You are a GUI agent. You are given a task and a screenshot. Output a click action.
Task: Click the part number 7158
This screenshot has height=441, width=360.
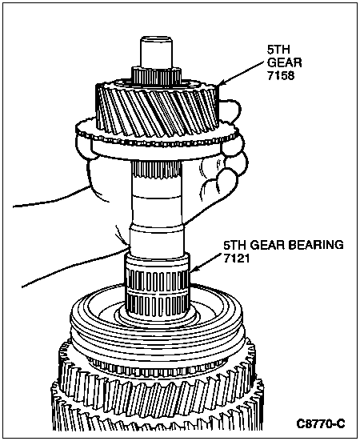pos(281,76)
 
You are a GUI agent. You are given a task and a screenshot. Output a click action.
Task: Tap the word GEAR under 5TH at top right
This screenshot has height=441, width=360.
pos(284,62)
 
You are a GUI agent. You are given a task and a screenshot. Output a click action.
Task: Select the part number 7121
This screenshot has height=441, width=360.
pos(236,258)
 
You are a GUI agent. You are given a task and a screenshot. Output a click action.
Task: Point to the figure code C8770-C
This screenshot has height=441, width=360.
pos(320,423)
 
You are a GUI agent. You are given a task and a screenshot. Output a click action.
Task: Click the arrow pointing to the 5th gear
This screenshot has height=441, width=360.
pos(241,74)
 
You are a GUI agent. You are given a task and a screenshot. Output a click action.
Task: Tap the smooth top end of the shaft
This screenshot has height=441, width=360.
pos(156,53)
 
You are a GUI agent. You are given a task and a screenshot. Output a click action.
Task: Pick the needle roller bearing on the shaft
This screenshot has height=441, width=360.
pos(157,287)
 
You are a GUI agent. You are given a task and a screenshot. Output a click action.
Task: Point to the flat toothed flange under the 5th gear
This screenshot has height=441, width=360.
pos(158,141)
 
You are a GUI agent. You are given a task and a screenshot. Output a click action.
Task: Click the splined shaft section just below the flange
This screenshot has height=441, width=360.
pos(157,170)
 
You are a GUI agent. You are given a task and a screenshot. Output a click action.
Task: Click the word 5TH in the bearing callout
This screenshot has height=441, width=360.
pos(235,245)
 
